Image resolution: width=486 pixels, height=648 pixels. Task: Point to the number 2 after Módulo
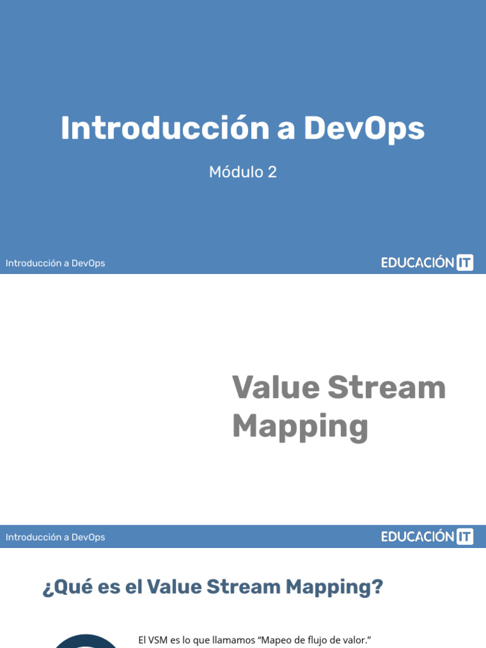click(272, 171)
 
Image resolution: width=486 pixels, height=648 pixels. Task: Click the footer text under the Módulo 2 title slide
click(55, 263)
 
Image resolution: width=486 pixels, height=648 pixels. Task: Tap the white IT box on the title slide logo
click(464, 263)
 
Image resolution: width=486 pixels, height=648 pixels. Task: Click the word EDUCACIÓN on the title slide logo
click(418, 263)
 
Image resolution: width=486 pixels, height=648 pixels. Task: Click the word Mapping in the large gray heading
click(300, 427)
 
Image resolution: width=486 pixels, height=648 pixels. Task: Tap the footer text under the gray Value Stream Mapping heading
click(55, 537)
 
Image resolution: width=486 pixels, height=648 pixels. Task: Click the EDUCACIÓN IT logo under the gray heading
click(427, 537)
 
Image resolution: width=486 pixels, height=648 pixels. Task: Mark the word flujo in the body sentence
click(320, 640)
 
